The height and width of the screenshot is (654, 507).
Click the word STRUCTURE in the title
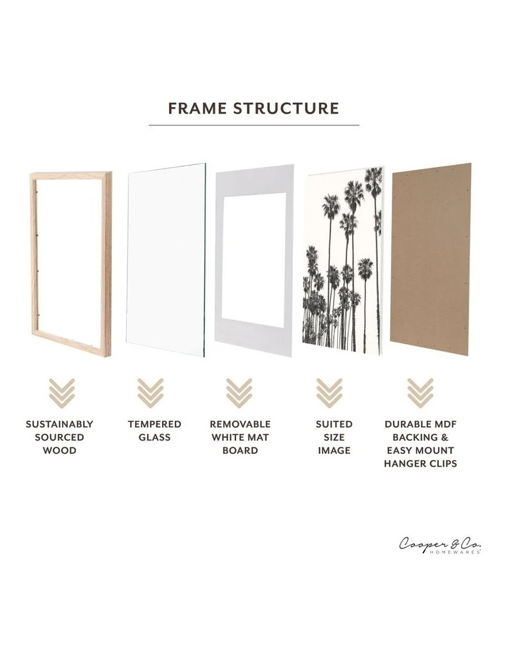point(286,109)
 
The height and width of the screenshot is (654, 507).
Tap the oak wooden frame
point(35,261)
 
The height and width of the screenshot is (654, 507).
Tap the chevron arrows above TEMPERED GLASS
point(151,393)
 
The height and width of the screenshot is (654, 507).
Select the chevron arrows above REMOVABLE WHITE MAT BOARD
point(239,393)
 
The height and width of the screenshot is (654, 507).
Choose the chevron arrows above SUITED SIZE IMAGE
point(329,393)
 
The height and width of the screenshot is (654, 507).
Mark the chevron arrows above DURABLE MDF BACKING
point(420,393)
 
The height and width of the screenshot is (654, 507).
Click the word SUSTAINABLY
point(59,424)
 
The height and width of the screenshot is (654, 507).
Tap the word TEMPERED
point(154,424)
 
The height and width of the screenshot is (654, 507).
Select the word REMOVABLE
point(240,424)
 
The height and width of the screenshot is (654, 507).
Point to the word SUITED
point(334,424)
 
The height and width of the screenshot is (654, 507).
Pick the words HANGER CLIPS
point(420,463)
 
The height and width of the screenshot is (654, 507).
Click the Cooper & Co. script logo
point(440,544)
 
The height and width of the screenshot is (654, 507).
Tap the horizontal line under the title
point(254,125)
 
